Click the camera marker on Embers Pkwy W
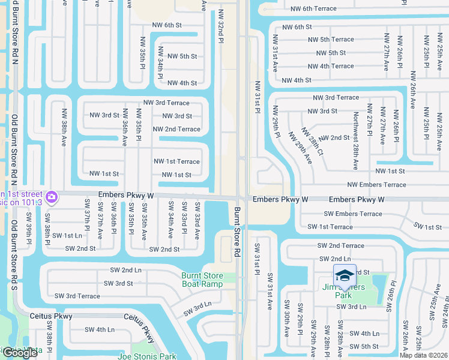(x=51, y=196)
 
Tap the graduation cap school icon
(x=345, y=275)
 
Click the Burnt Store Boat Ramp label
(x=202, y=280)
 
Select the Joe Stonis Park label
(x=148, y=355)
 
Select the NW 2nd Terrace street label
(x=176, y=129)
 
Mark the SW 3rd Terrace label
(x=77, y=296)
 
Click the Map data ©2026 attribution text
(x=424, y=355)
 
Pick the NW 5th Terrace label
(x=333, y=39)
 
